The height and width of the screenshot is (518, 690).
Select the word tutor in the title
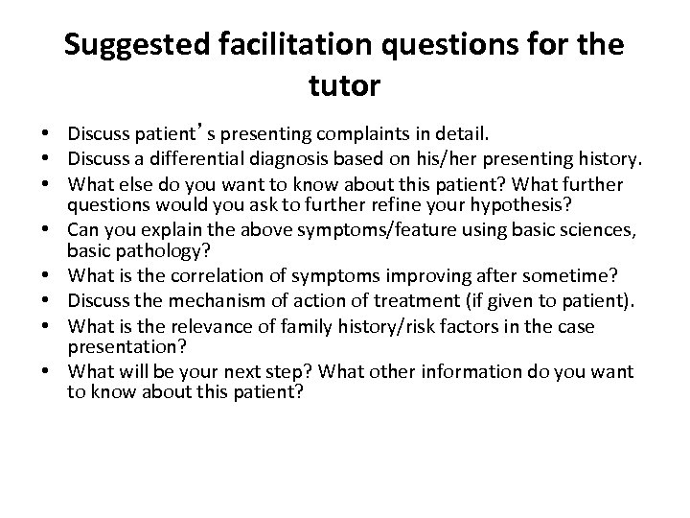coord(345,86)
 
